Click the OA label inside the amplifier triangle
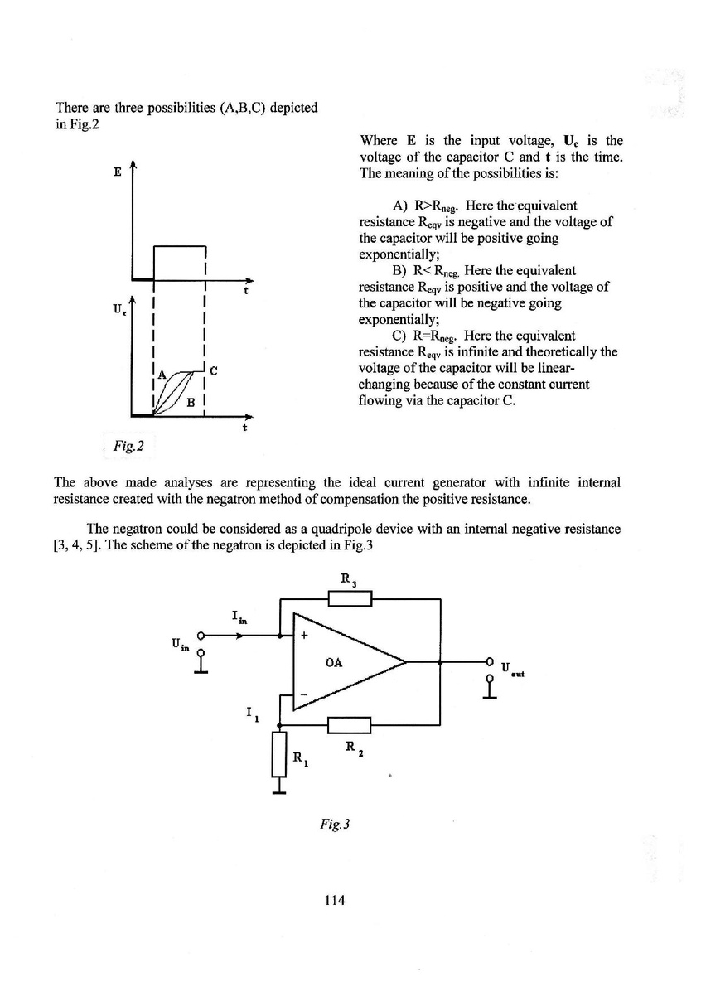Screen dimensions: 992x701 click(336, 662)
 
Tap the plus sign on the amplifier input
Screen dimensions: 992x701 click(304, 636)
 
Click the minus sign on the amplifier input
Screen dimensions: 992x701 click(303, 693)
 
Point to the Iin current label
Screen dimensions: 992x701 click(239, 617)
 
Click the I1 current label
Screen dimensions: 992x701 click(253, 714)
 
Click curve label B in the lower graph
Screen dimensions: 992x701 click(191, 402)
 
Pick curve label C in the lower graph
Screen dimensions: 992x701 click(214, 370)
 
